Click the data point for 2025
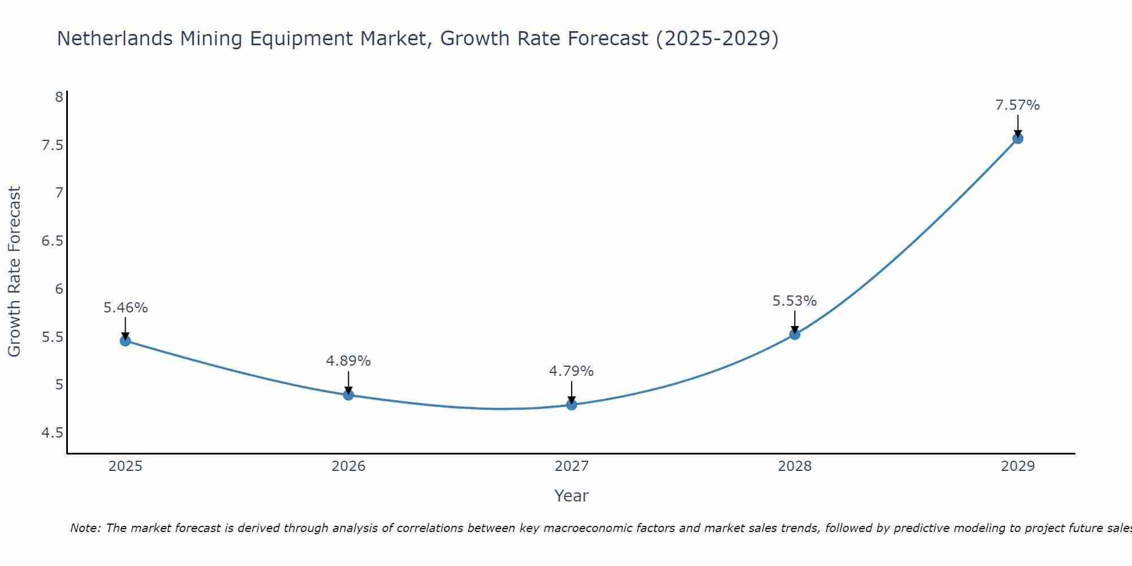(125, 341)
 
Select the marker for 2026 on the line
(349, 395)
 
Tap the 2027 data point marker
(572, 405)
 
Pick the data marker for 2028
(795, 335)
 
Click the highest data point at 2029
(1018, 139)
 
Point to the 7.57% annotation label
(1018, 105)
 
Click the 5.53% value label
(795, 301)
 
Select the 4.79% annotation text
(572, 371)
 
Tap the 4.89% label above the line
(349, 361)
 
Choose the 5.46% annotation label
(126, 308)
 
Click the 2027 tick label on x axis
(572, 466)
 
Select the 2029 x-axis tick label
(1018, 466)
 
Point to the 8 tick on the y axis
(59, 97)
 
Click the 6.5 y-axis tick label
(53, 241)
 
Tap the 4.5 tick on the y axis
(53, 433)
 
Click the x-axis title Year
(572, 496)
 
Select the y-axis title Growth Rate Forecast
(15, 272)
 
